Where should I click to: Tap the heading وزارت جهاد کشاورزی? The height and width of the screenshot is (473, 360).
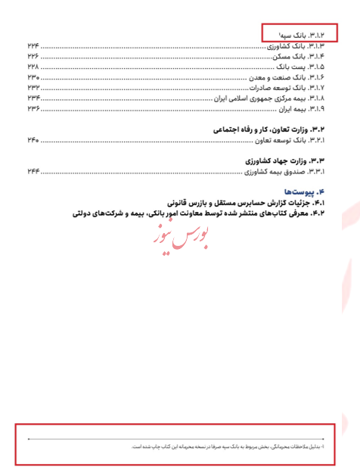tap(284, 161)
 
